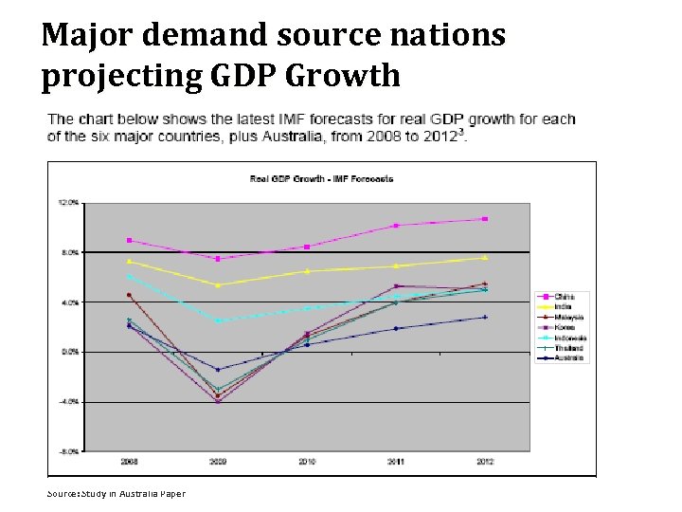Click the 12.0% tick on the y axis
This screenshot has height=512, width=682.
pyautogui.click(x=67, y=202)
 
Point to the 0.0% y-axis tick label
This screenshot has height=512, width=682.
pyautogui.click(x=69, y=352)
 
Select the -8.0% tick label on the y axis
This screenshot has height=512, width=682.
pyautogui.click(x=68, y=451)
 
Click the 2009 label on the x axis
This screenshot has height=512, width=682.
pyautogui.click(x=218, y=462)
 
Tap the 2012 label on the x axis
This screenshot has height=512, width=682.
pyautogui.click(x=485, y=462)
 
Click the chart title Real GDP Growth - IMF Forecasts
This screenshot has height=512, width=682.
pyautogui.click(x=321, y=178)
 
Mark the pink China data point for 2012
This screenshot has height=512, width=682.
pyautogui.click(x=485, y=219)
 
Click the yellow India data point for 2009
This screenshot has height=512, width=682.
pyautogui.click(x=218, y=285)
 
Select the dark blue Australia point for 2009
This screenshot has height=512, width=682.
pyautogui.click(x=218, y=370)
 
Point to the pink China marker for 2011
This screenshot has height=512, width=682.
pyautogui.click(x=396, y=226)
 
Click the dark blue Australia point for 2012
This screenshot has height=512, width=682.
pyautogui.click(x=485, y=318)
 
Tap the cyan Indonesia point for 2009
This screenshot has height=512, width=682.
pyautogui.click(x=218, y=320)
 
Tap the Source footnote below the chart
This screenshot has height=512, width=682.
pyautogui.click(x=117, y=493)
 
